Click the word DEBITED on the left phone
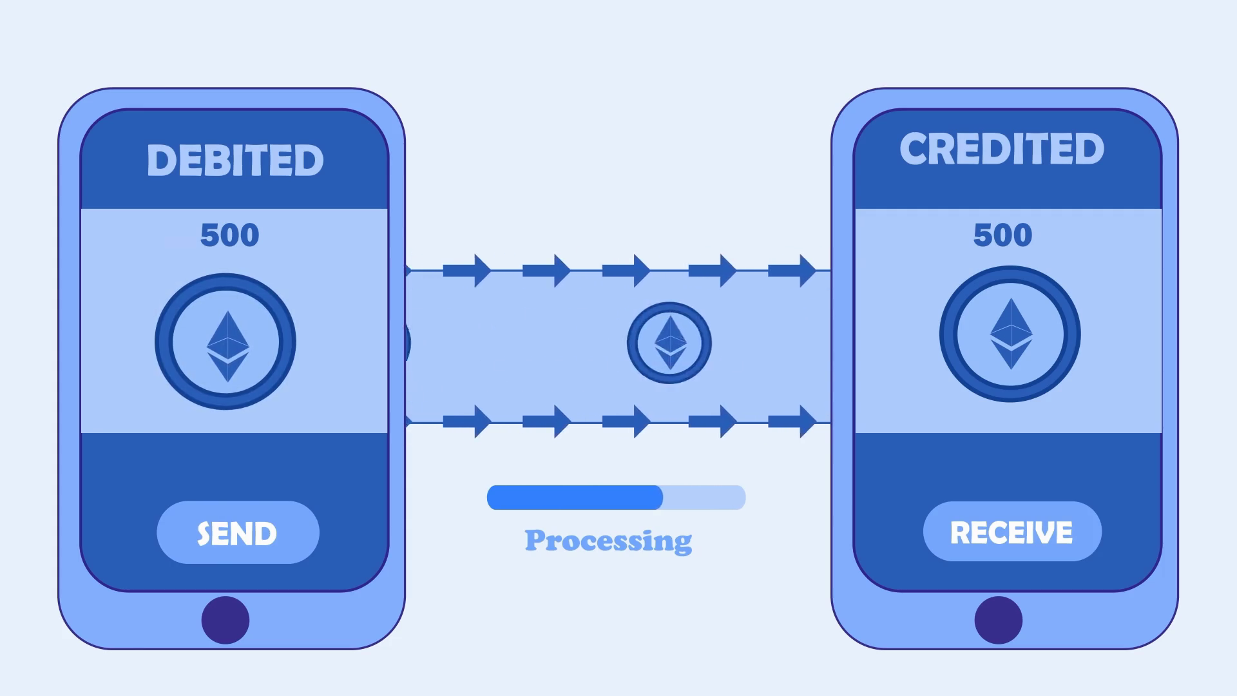[235, 160]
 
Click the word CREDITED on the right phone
[1002, 149]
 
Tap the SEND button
[238, 533]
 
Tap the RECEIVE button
[1012, 532]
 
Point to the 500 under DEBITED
[229, 235]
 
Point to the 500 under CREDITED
[1002, 235]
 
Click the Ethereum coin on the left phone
[225, 342]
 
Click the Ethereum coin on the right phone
[1010, 334]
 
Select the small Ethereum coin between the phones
[669, 343]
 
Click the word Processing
[608, 540]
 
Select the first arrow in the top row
[468, 271]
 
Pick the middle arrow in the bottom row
[627, 421]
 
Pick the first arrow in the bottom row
[468, 421]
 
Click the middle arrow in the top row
[627, 271]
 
